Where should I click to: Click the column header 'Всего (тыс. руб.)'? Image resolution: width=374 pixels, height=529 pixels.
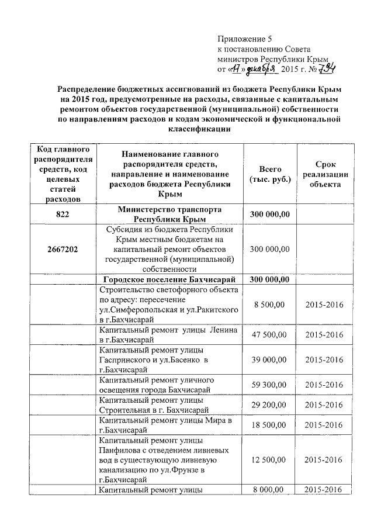click(270, 173)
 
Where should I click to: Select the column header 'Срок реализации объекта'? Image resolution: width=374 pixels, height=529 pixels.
click(325, 173)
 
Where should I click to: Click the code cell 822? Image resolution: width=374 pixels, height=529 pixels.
click(63, 215)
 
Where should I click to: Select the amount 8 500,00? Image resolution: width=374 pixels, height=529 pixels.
click(269, 305)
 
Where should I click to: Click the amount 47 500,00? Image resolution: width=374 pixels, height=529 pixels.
click(269, 335)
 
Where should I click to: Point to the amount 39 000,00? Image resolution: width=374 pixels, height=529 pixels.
click(269, 360)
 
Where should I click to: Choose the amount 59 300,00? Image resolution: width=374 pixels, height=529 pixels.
click(269, 385)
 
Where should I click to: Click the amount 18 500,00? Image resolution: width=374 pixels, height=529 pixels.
click(269, 425)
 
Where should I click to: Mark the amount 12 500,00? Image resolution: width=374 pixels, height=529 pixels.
click(269, 460)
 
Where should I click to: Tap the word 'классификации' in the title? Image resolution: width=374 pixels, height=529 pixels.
click(198, 132)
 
